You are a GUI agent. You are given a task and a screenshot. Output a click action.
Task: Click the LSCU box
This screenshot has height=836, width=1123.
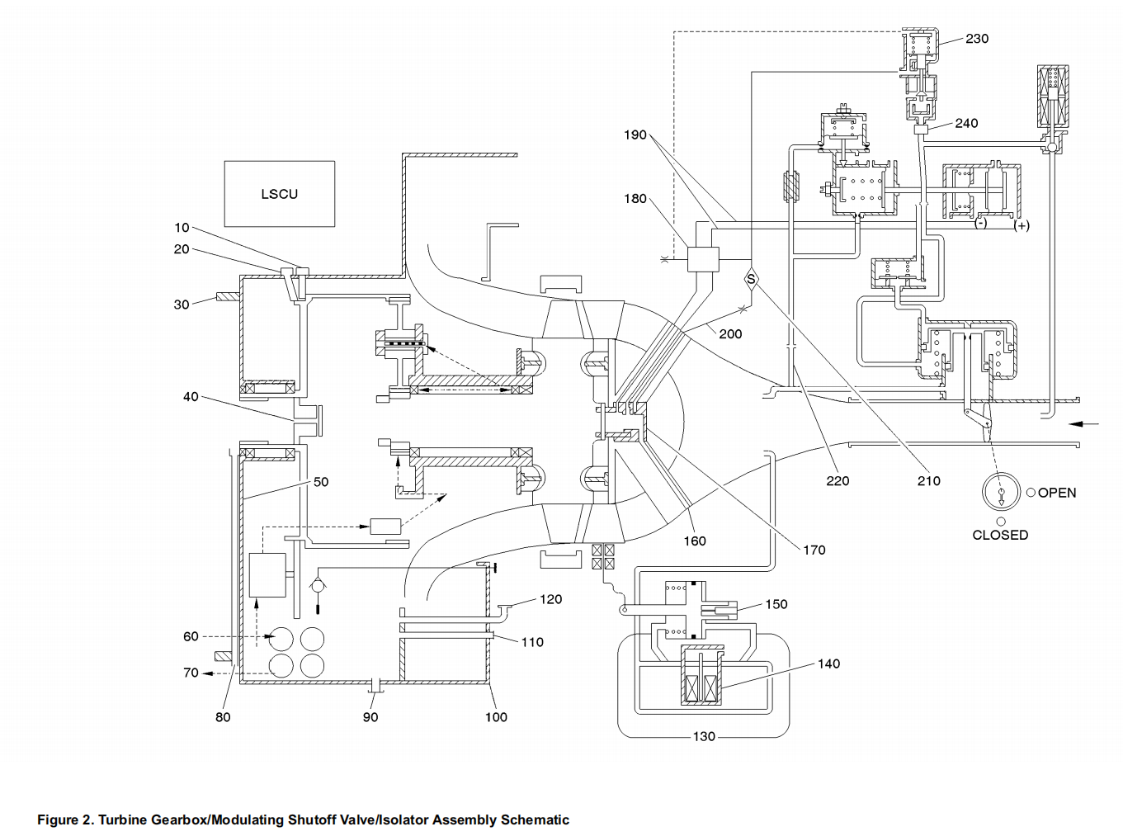pyautogui.click(x=279, y=194)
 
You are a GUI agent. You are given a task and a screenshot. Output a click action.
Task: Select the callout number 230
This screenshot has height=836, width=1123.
pyautogui.click(x=976, y=39)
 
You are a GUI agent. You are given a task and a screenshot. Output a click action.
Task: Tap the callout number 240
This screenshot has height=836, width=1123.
pyautogui.click(x=966, y=123)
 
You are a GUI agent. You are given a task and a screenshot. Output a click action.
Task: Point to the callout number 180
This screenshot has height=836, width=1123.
pyautogui.click(x=635, y=199)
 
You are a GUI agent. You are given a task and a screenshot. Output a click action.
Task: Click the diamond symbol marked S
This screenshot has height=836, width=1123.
pyautogui.click(x=751, y=279)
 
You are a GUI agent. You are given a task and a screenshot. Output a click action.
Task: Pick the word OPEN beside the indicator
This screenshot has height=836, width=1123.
pyautogui.click(x=1056, y=493)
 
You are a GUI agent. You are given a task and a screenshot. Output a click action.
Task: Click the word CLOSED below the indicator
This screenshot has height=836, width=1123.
pyautogui.click(x=1000, y=535)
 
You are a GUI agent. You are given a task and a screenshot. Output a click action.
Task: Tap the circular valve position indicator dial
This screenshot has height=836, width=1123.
pyautogui.click(x=1001, y=493)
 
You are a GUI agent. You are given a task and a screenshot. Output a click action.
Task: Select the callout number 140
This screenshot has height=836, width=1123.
pyautogui.click(x=828, y=664)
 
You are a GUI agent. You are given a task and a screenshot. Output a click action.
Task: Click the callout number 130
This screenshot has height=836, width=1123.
pyautogui.click(x=703, y=736)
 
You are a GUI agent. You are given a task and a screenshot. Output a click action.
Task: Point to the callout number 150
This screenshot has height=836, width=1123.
pyautogui.click(x=776, y=604)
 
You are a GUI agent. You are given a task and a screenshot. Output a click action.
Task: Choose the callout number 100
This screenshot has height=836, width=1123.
pyautogui.click(x=496, y=717)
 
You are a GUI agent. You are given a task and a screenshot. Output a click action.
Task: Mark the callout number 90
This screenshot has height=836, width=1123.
pyautogui.click(x=370, y=717)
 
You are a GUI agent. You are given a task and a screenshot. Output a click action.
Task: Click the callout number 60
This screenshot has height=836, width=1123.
pyautogui.click(x=191, y=636)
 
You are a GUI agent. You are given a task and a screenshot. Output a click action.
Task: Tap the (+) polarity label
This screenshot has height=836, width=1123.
pyautogui.click(x=1022, y=225)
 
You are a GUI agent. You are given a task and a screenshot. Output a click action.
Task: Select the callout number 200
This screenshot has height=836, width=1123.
pyautogui.click(x=730, y=334)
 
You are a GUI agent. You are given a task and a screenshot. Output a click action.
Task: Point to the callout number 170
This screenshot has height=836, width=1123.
pyautogui.click(x=814, y=550)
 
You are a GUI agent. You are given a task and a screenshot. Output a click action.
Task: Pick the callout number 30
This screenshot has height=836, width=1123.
pyautogui.click(x=182, y=305)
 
